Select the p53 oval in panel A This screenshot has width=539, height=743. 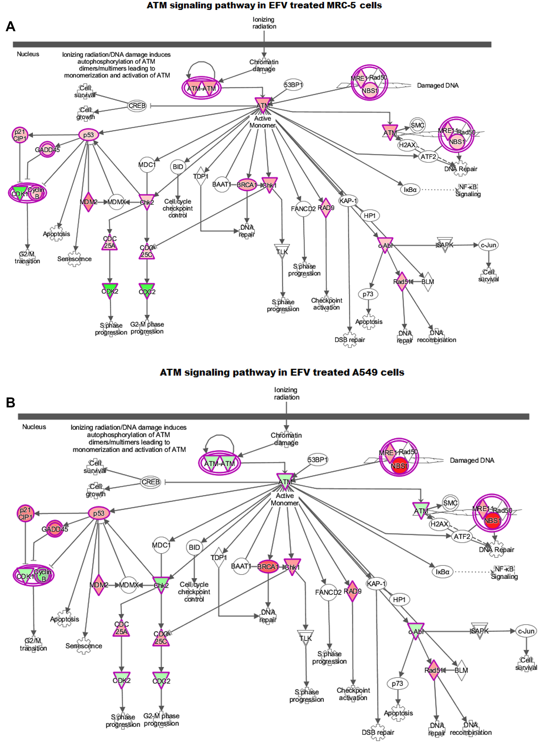88,135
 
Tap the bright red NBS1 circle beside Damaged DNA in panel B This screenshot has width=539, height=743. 399,466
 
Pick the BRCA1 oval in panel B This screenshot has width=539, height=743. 268,566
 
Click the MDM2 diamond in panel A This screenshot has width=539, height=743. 88,202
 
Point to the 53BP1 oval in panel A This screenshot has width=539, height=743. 293,85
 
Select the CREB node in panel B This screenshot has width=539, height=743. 151,482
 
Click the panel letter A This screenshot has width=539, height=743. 11,26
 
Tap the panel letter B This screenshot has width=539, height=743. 11,402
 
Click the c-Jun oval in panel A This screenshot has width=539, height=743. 488,245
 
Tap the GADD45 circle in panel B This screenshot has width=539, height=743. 55,529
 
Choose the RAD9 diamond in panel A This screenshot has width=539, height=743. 326,208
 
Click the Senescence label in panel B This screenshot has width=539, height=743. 84,646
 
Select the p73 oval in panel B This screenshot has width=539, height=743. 397,683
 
